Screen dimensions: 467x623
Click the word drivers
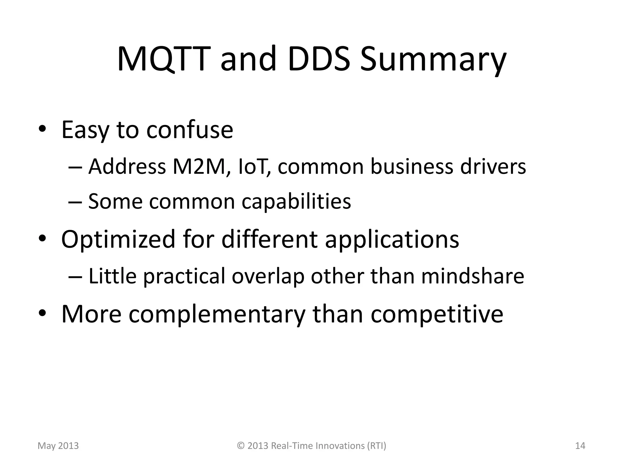pos(493,167)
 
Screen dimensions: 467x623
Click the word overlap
pos(268,277)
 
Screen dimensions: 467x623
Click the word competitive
pos(437,314)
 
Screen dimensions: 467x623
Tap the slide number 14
pos(580,446)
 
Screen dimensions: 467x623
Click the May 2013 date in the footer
pos(58,446)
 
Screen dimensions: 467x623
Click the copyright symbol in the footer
pos(241,446)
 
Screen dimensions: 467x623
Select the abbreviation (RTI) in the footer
pos(377,446)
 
